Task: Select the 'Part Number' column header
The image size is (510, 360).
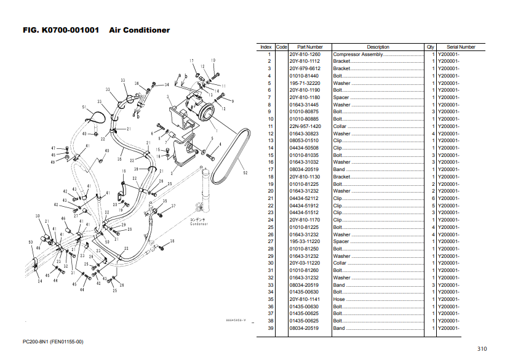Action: pos(310,47)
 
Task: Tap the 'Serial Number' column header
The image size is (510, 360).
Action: pos(461,47)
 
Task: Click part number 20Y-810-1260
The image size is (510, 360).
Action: pos(305,54)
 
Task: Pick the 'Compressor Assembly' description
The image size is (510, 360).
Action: pos(358,54)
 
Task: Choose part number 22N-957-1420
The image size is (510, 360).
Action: pos(305,126)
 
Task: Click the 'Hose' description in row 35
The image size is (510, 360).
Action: pos(339,300)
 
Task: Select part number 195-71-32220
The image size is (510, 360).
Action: pos(305,83)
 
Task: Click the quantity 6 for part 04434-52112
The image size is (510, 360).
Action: pos(433,199)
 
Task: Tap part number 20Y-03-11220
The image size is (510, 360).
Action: pos(305,263)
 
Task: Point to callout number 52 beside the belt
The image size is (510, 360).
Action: pos(245,174)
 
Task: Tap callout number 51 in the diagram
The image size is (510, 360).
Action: pos(84,107)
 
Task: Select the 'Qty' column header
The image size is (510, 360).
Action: pos(430,47)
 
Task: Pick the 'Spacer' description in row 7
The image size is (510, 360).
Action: pos(341,97)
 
